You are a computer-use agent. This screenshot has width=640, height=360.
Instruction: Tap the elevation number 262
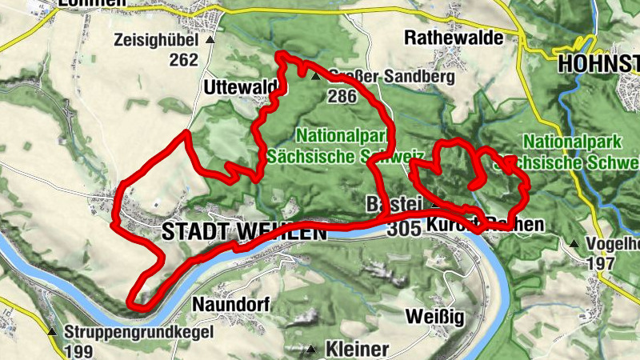coord(183,59)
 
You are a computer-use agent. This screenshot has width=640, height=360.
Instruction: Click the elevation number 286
coord(341,96)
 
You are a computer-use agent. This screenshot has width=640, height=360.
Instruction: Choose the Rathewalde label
coord(454,38)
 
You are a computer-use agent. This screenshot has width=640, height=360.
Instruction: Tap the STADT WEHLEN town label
coord(244,232)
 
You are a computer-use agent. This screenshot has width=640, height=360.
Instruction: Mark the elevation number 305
coord(402,230)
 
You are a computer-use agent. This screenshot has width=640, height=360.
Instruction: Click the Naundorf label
coord(231,305)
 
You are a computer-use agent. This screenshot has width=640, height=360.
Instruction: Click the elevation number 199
coord(80,350)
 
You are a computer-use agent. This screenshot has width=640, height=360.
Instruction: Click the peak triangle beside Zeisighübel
coord(210,39)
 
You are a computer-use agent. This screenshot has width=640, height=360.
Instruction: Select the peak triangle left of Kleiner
coord(311,349)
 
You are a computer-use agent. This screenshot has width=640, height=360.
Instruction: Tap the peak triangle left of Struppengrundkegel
coord(52,331)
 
